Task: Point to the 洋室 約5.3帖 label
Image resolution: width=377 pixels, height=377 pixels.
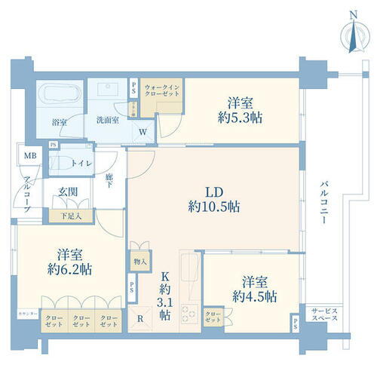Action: click(240, 110)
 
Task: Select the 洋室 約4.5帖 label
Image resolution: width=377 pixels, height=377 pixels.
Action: click(254, 288)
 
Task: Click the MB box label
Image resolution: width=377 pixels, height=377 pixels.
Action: click(29, 156)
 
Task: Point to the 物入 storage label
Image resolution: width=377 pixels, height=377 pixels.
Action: click(139, 261)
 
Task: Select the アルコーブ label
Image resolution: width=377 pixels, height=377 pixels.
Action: click(26, 195)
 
